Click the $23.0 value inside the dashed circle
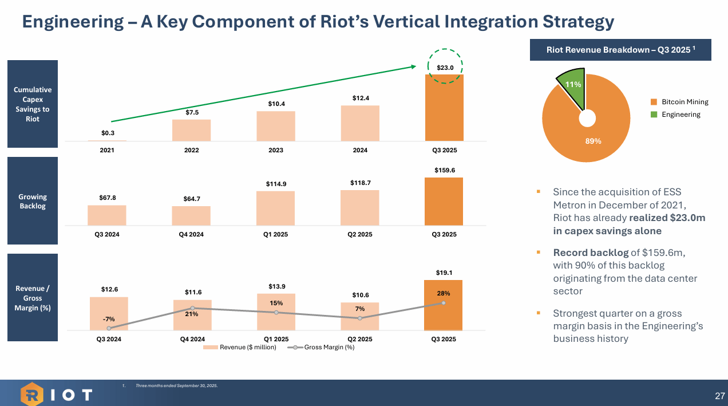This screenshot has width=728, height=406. pyautogui.click(x=445, y=68)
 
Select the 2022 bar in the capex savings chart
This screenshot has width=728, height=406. pyautogui.click(x=191, y=130)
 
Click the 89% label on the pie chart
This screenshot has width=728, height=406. pyautogui.click(x=592, y=141)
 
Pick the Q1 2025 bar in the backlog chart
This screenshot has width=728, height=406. pyautogui.click(x=275, y=208)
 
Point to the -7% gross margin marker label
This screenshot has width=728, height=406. pyautogui.click(x=109, y=319)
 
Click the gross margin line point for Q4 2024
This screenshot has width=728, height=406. pyautogui.click(x=192, y=308)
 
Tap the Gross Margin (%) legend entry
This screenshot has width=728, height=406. pyautogui.click(x=324, y=347)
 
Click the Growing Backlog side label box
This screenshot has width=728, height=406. pyautogui.click(x=32, y=201)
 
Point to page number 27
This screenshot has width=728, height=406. pyautogui.click(x=719, y=396)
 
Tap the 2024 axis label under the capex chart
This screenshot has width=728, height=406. pyautogui.click(x=360, y=150)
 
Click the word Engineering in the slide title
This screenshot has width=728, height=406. pyautogui.click(x=72, y=22)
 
